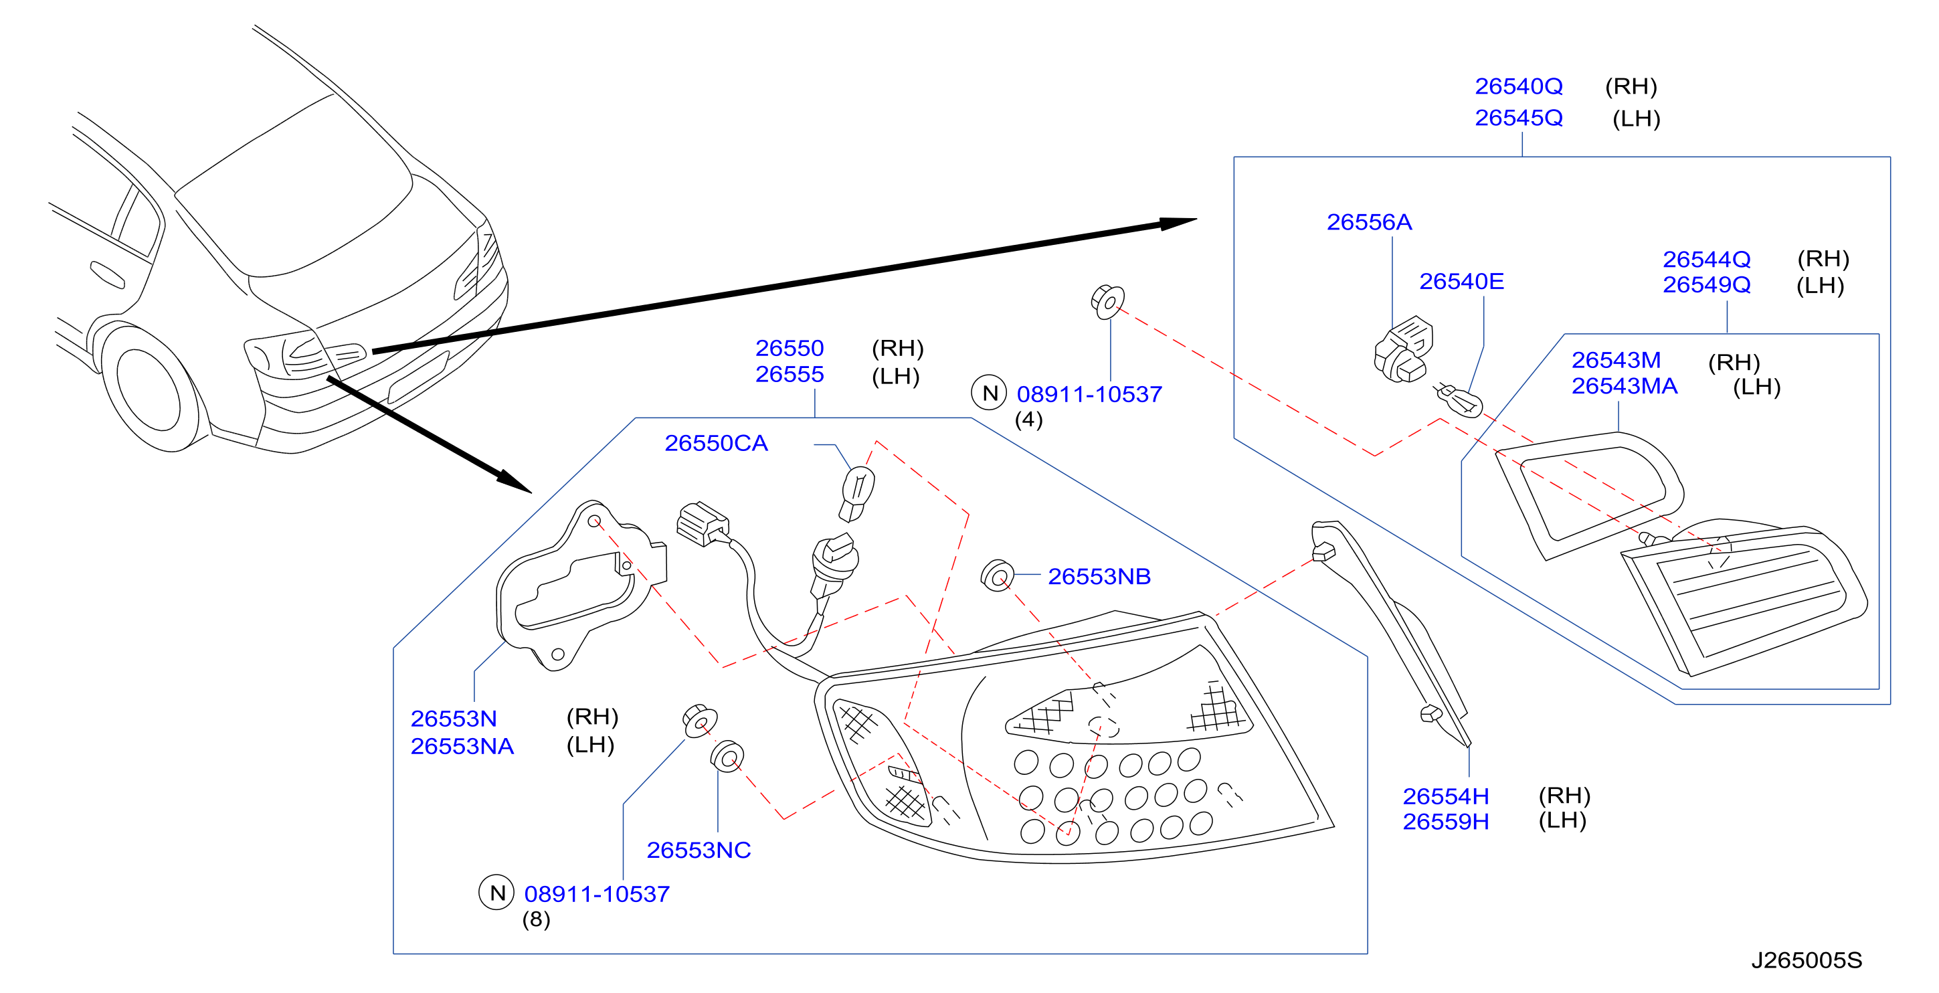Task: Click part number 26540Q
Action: coord(1518,86)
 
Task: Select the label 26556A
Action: coord(1369,222)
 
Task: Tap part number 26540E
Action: coord(1461,282)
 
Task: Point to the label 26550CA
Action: coord(716,444)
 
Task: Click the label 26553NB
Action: coord(1099,577)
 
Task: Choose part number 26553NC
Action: coord(699,850)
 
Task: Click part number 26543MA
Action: coord(1625,386)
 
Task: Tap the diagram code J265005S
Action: coord(1807,961)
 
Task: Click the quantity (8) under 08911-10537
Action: coord(536,919)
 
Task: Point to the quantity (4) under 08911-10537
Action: coord(1029,420)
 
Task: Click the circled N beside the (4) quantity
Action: coord(989,393)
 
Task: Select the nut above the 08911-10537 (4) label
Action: coord(1108,302)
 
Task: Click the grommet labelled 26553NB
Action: coord(998,576)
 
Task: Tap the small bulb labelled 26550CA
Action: coord(857,493)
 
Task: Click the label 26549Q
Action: coord(1706,285)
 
